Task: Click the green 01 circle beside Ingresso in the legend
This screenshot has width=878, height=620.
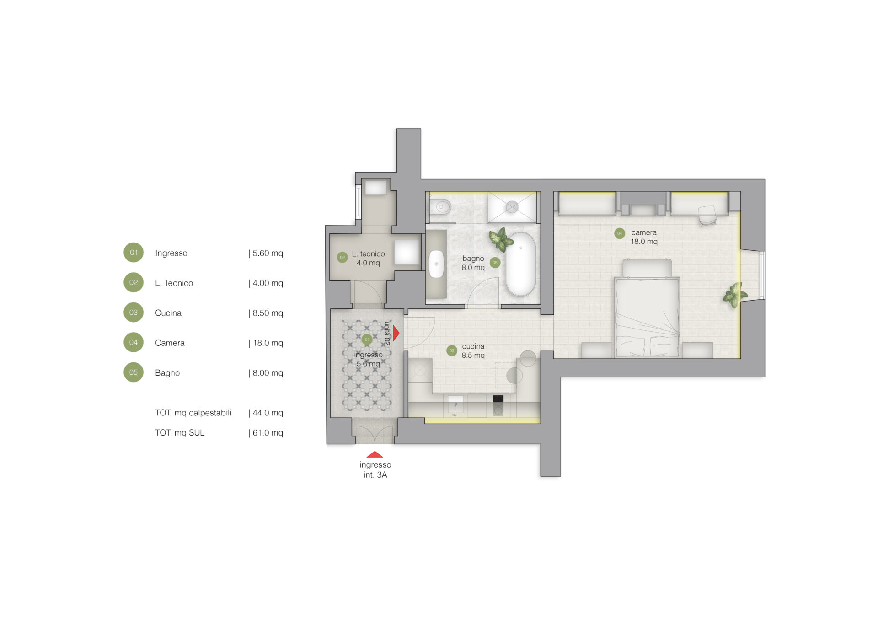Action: point(134,253)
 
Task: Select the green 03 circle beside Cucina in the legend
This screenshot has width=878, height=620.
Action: point(134,313)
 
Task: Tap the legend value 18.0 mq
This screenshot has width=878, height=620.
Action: point(268,343)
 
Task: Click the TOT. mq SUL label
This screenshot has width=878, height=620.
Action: point(180,433)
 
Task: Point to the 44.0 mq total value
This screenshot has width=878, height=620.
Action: point(268,413)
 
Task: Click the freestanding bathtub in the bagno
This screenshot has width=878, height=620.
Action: point(521,264)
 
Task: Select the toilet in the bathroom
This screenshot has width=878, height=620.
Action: point(440,207)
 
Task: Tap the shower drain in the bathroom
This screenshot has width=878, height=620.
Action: point(512,207)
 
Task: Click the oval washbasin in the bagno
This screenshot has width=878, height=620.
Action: point(436,264)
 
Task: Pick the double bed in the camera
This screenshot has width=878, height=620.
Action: point(647,308)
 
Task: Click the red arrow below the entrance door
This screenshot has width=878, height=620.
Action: point(375,454)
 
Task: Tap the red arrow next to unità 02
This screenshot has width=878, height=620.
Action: point(396,333)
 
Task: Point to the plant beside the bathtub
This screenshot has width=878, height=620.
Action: point(500,239)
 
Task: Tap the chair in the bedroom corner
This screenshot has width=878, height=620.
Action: point(708,215)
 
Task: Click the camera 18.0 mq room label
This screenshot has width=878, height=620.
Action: point(644,237)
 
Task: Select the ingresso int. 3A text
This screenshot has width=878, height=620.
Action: point(375,470)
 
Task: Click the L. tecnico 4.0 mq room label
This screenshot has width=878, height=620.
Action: point(368,258)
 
